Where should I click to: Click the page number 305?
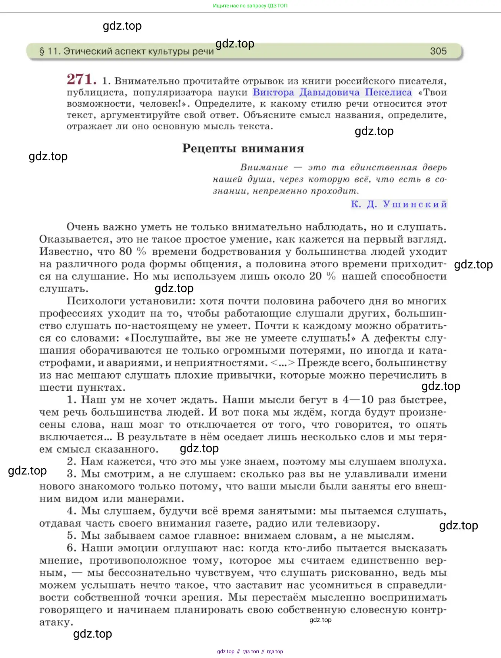point(438,51)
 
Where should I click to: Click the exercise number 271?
point(82,79)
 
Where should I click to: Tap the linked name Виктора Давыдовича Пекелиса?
point(332,92)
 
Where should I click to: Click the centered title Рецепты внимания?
point(243,149)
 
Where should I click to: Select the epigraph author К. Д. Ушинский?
point(399,204)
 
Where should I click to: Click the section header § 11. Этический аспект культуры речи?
point(126,51)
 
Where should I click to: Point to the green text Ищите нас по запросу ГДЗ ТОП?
point(250,6)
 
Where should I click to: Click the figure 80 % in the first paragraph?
point(132,252)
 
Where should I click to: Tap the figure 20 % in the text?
point(322,277)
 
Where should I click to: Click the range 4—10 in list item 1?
point(358,400)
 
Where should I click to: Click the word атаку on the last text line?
point(56,622)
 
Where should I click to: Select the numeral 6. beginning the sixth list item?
point(72,548)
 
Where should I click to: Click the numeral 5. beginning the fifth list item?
point(72,536)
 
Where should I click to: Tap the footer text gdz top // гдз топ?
point(250,651)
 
